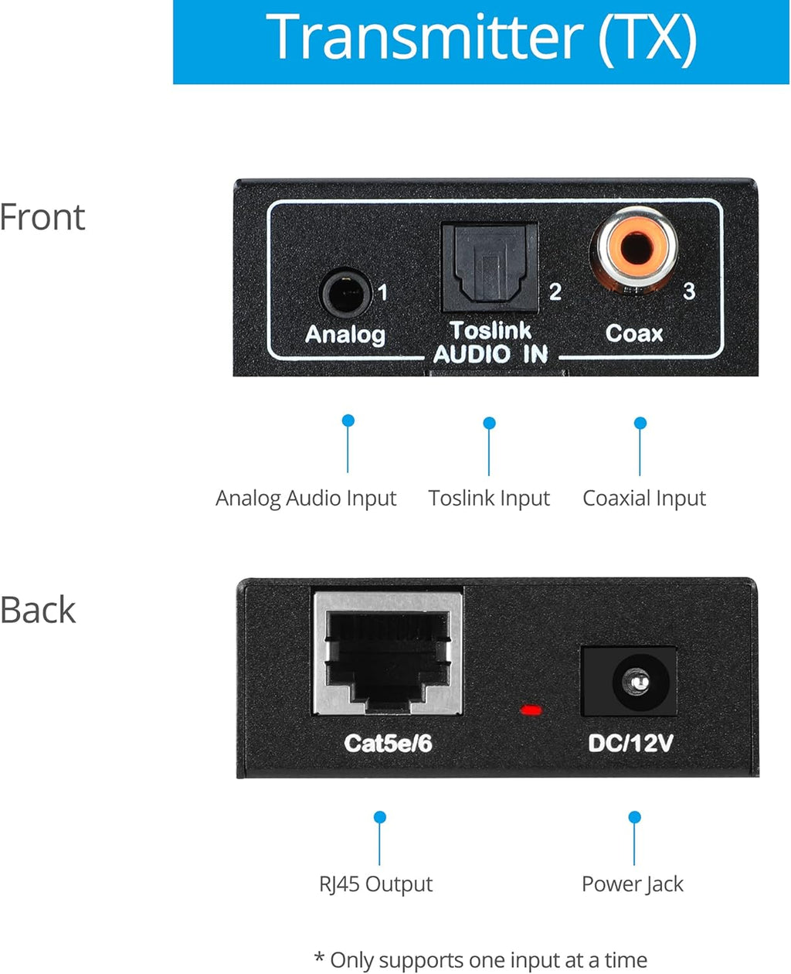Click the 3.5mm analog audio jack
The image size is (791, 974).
345,293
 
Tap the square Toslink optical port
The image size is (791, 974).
489,267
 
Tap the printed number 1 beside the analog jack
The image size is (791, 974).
383,293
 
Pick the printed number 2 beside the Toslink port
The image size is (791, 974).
555,291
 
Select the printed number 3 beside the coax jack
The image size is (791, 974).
689,291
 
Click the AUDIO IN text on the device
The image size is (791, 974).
491,354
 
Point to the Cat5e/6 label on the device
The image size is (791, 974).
388,743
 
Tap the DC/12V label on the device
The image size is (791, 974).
630,743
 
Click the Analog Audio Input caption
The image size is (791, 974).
306,498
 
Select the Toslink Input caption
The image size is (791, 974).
489,498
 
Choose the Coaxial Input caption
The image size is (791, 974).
644,498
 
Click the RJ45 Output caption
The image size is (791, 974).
375,884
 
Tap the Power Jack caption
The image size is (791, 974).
633,884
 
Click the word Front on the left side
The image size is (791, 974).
42,216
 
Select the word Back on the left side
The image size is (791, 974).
38,610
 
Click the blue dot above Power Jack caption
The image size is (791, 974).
635,817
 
